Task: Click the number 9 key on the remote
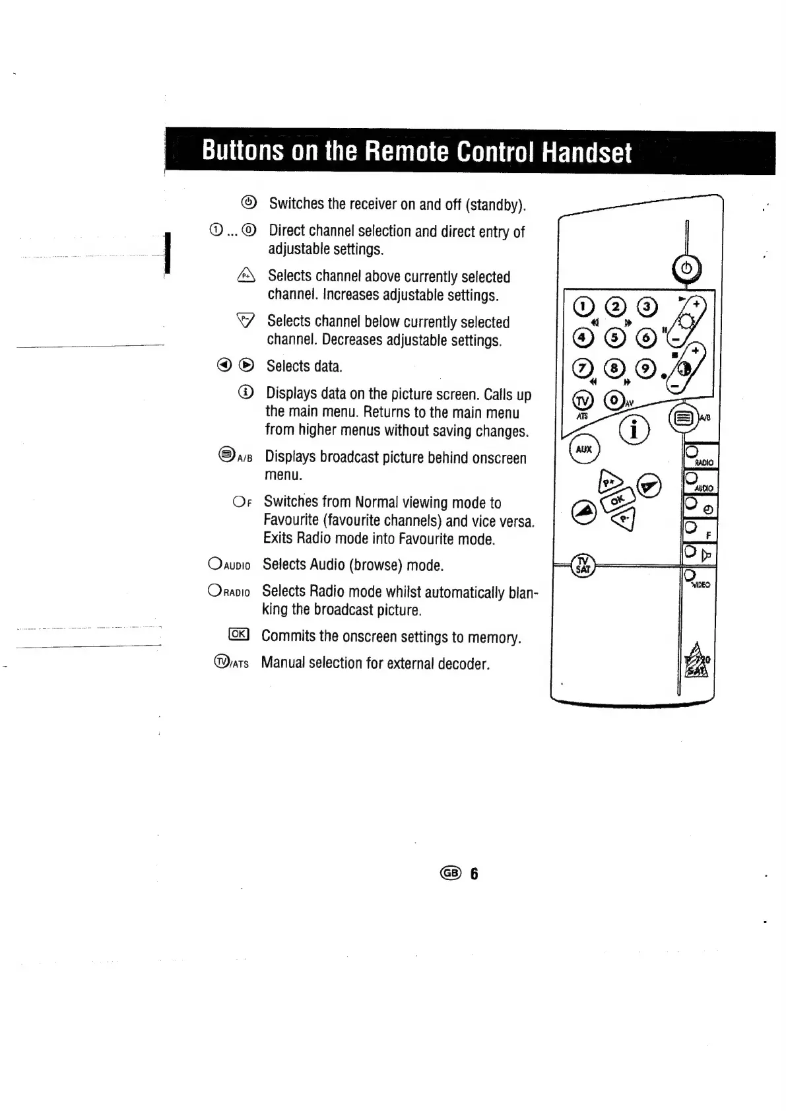[645, 369]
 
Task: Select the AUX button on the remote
[584, 450]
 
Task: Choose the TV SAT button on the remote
[583, 564]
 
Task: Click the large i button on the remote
[634, 430]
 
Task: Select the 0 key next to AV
[614, 400]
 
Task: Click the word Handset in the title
[586, 152]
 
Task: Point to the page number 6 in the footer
[473, 874]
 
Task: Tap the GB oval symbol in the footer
[451, 873]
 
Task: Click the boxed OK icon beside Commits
[238, 635]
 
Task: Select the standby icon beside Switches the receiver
[249, 202]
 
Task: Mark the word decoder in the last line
[465, 663]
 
